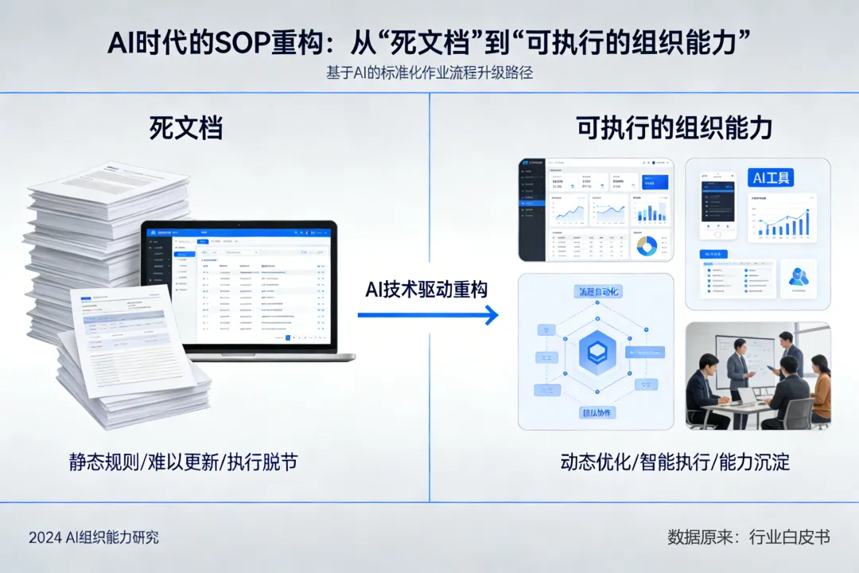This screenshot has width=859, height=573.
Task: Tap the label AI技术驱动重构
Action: point(426,289)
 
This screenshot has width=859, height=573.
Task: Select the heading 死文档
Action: point(185,128)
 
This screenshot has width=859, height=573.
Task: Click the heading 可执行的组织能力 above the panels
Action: point(674,128)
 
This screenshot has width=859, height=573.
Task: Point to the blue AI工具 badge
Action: point(772,177)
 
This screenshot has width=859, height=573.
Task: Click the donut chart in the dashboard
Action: point(646,246)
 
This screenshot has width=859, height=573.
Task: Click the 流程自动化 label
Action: point(597,292)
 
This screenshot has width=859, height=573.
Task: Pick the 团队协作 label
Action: point(597,413)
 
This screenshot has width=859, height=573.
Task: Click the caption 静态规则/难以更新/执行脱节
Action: point(183,462)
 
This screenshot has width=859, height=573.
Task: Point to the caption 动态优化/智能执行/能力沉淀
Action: point(674,462)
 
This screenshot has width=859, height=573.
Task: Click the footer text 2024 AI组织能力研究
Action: point(94,537)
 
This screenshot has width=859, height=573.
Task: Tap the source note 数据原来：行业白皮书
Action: point(748,537)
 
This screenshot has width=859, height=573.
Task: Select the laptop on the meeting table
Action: point(747,396)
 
